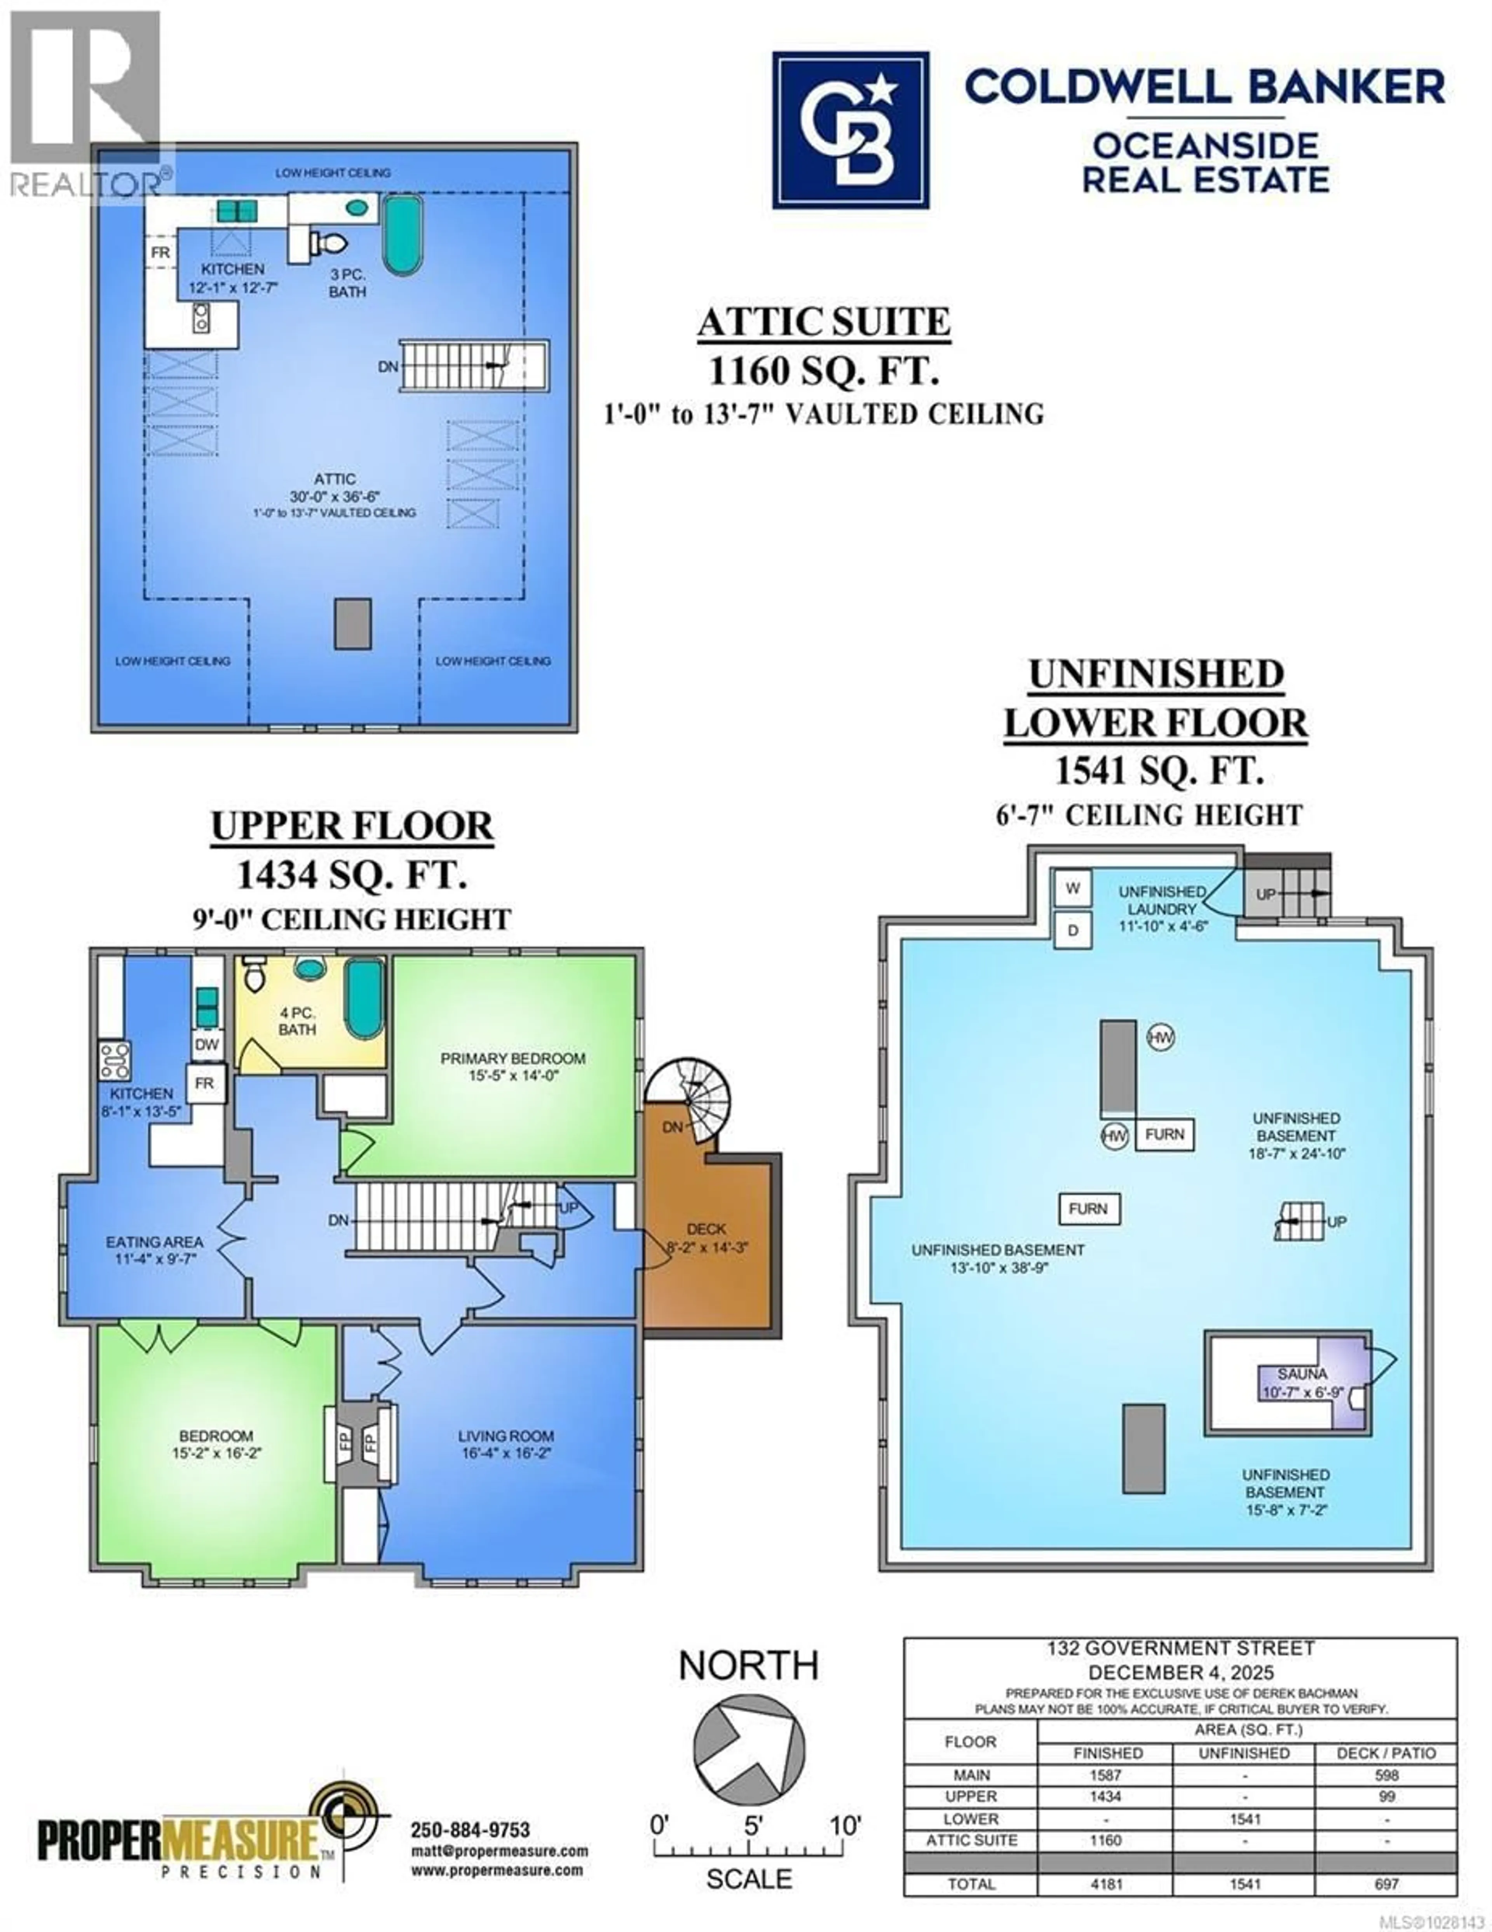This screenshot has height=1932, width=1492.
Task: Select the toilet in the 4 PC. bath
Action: pos(254,975)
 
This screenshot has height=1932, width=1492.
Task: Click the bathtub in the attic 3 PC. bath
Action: pos(403,234)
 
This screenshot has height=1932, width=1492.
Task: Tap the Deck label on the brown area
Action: pos(706,1229)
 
